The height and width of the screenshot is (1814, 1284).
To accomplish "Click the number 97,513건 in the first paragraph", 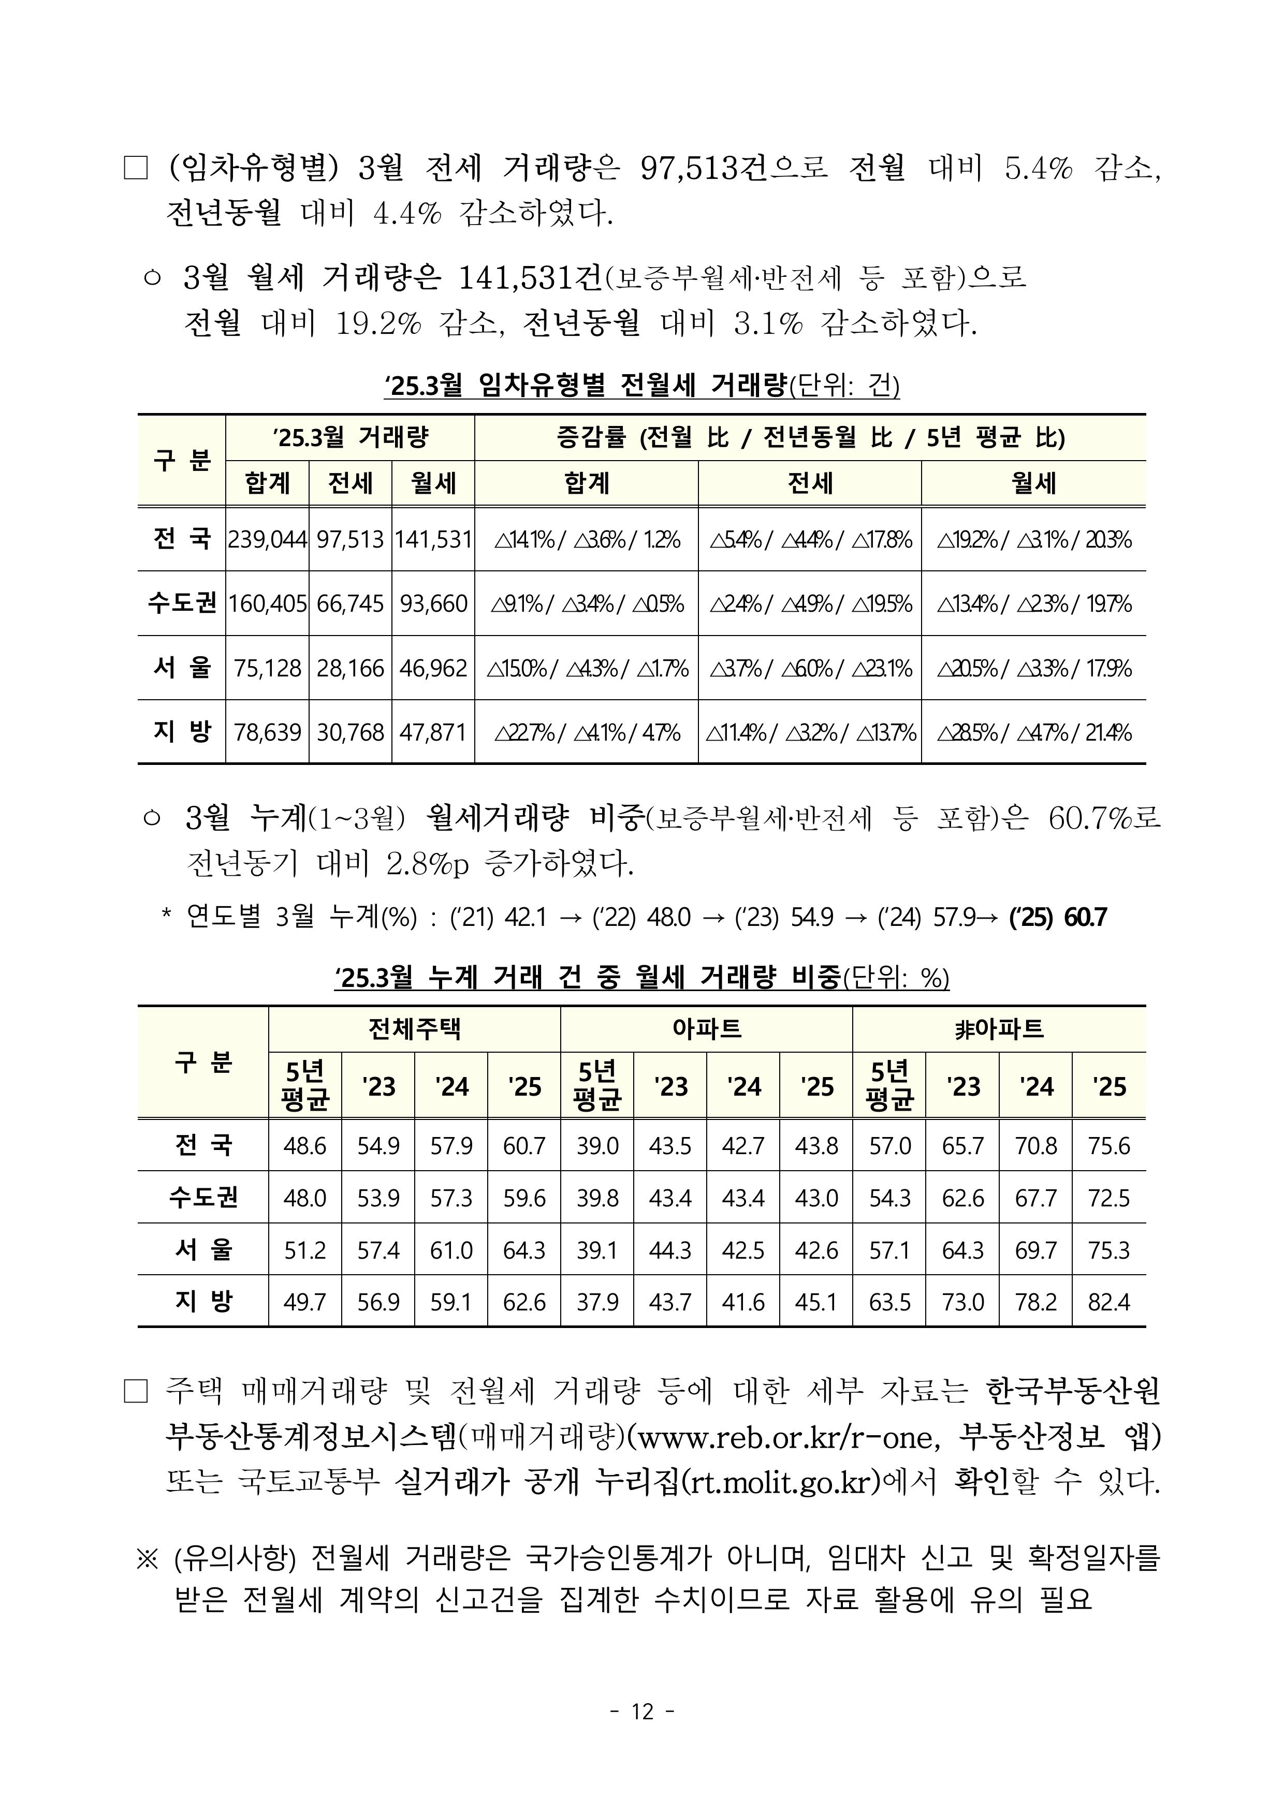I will coord(703,168).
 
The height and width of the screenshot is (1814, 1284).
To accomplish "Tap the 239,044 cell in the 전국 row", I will coord(267,540).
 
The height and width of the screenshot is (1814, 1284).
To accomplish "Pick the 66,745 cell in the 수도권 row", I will coord(351,604).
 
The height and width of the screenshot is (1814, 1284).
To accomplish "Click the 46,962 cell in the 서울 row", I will coord(433,669).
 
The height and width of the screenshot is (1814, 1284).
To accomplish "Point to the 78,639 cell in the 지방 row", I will coord(267,733).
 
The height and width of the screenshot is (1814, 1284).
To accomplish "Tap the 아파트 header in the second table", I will coord(706,1029).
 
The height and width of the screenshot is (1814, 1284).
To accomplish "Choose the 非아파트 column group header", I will coord(999,1029).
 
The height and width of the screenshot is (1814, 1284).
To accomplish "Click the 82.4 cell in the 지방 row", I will coord(1108,1302).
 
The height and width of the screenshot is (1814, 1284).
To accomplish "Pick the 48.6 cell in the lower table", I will coord(304,1145).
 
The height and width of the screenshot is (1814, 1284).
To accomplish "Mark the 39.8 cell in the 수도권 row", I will coord(597,1198).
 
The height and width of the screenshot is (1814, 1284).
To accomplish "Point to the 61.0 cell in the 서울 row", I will coord(450,1250).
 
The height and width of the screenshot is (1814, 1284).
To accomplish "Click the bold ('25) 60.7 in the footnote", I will coord(1058,918).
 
